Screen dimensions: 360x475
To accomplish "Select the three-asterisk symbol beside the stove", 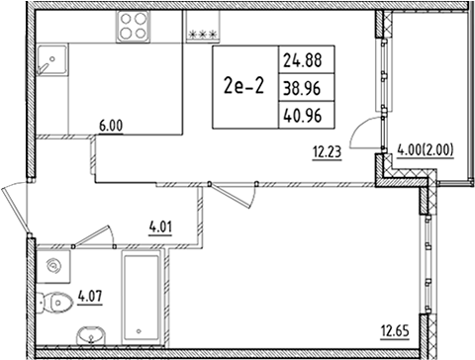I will pyautogui.click(x=202, y=33).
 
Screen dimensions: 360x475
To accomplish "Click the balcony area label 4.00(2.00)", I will pyautogui.click(x=427, y=151).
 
